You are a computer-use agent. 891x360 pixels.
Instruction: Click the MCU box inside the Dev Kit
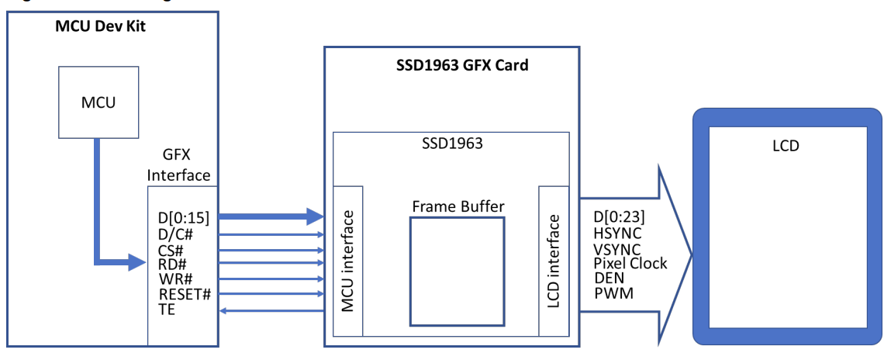(x=98, y=102)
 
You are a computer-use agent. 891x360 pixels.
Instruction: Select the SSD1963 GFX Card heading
(x=457, y=65)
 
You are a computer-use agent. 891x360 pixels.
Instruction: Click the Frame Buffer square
(x=458, y=271)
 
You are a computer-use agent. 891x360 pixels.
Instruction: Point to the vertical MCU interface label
(x=348, y=261)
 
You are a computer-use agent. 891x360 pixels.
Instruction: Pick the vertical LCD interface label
(x=553, y=261)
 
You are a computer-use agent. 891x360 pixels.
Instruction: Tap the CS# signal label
(x=171, y=249)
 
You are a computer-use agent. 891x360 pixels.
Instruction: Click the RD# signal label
(x=172, y=265)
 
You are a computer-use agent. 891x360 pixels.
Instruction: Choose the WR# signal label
(x=174, y=279)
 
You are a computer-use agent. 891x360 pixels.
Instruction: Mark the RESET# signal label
(x=185, y=295)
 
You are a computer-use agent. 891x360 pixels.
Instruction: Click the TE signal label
(x=167, y=310)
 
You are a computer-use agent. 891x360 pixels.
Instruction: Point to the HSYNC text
(x=617, y=233)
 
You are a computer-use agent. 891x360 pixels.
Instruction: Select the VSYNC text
(x=617, y=248)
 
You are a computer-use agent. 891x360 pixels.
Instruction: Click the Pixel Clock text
(x=630, y=263)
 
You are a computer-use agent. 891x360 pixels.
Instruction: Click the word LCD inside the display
(x=786, y=145)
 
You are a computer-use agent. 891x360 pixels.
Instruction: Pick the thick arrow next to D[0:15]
(x=271, y=216)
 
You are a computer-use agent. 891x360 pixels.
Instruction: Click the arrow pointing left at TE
(x=271, y=310)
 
